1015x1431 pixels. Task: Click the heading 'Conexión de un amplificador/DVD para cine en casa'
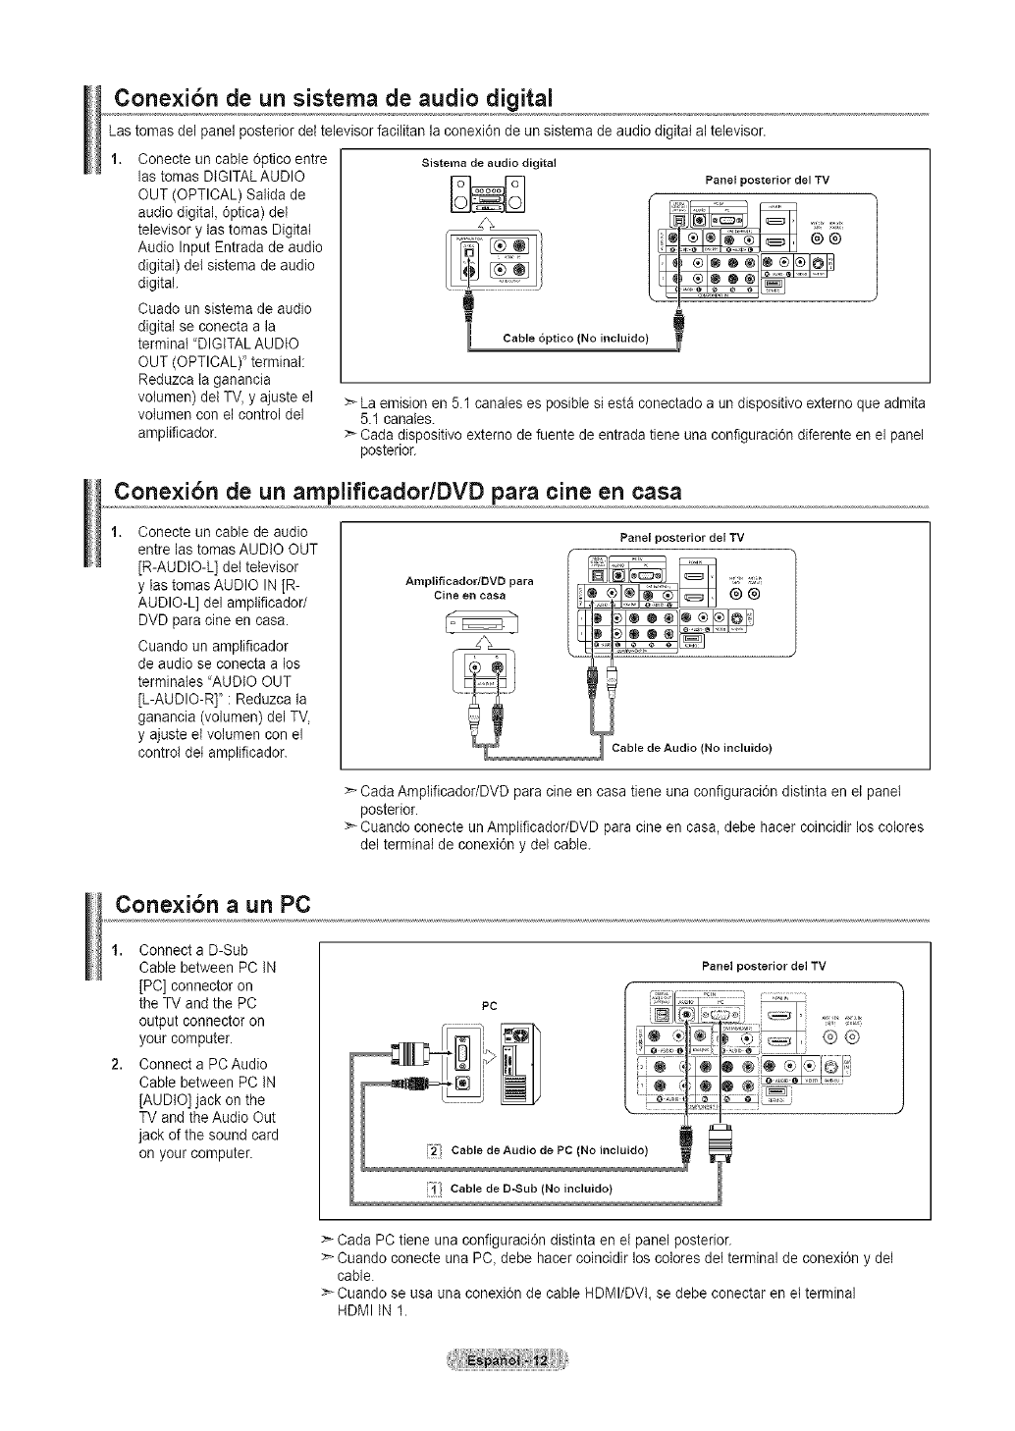(x=398, y=491)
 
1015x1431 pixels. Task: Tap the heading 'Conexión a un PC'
(x=212, y=903)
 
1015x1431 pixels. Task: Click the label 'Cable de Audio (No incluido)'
(x=691, y=748)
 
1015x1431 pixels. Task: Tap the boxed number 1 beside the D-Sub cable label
(x=434, y=1189)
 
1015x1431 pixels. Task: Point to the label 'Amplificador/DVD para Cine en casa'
(x=469, y=588)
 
